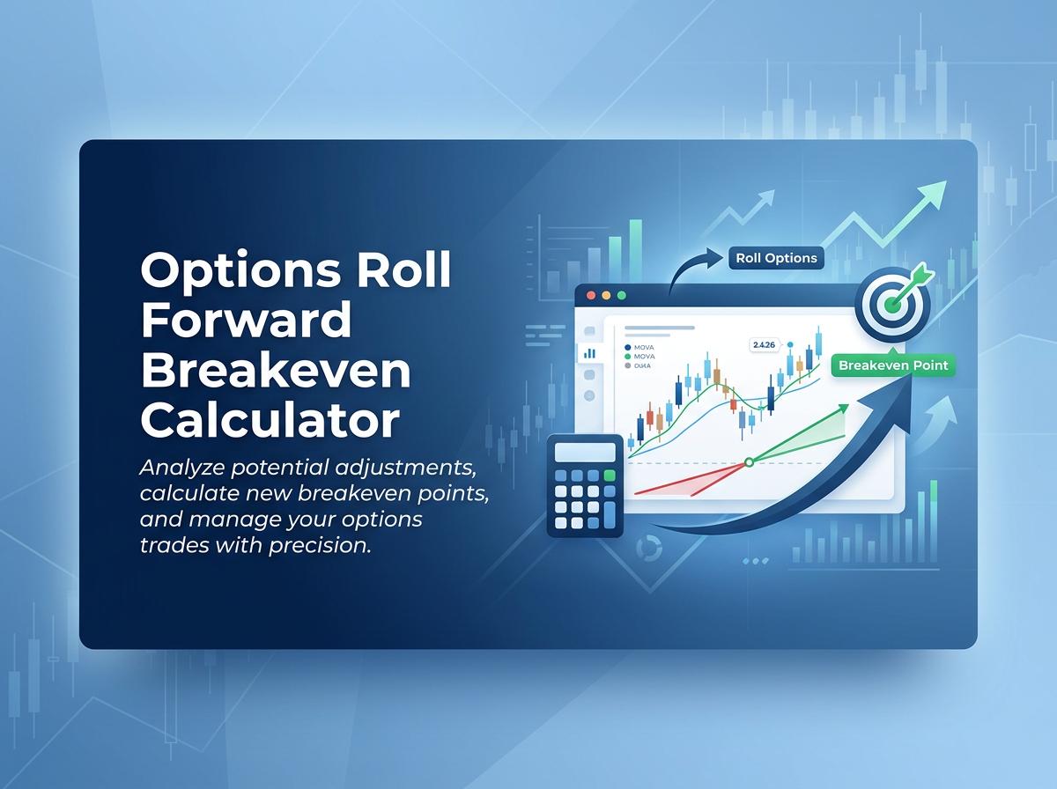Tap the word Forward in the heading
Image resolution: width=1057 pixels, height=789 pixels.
pyautogui.click(x=246, y=321)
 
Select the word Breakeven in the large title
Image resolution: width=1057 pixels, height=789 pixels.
pyautogui.click(x=276, y=371)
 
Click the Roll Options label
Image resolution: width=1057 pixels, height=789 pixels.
pyautogui.click(x=776, y=258)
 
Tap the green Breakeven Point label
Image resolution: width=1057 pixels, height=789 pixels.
pyautogui.click(x=893, y=365)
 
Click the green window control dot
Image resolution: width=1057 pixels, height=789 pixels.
pyautogui.click(x=621, y=296)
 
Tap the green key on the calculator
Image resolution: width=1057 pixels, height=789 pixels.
pyautogui.click(x=609, y=476)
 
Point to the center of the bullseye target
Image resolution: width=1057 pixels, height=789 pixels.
pyautogui.click(x=893, y=306)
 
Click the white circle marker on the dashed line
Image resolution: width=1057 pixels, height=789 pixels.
pyautogui.click(x=749, y=461)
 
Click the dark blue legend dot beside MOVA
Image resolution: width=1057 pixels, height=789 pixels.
pyautogui.click(x=626, y=348)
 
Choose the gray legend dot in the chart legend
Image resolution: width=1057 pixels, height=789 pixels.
pyautogui.click(x=626, y=365)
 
